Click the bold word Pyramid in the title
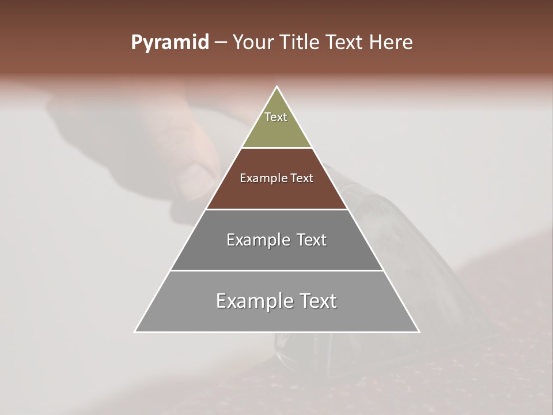[x=170, y=43]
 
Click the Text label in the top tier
[x=276, y=117]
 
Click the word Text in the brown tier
[x=302, y=178]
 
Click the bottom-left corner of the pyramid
[x=135, y=331]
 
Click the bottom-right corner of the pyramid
[x=419, y=331]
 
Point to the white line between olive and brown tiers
[x=276, y=148]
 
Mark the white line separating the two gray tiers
[x=276, y=270]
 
